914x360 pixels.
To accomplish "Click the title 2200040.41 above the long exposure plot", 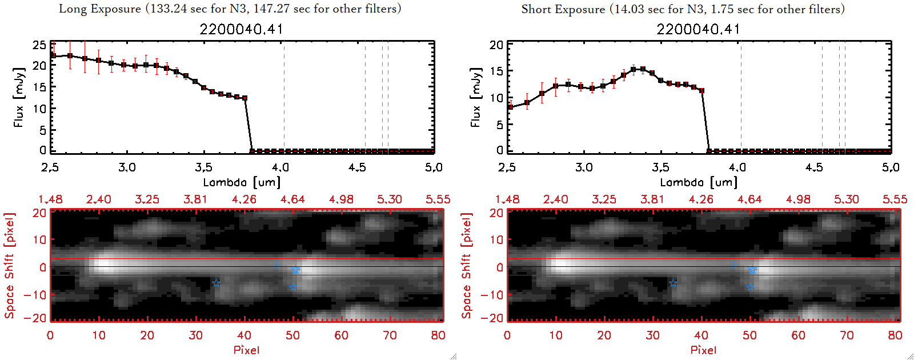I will (x=241, y=29).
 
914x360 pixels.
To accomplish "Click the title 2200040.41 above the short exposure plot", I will (x=698, y=29).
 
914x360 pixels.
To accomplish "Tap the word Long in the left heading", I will (x=71, y=9).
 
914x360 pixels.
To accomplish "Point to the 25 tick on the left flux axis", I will (x=39, y=45).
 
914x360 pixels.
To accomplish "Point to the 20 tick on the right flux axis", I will (x=496, y=45).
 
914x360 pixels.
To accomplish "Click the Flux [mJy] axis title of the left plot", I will (x=19, y=97).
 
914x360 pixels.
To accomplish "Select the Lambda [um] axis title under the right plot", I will (x=699, y=182).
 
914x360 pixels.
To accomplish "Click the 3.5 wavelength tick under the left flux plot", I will (x=203, y=167).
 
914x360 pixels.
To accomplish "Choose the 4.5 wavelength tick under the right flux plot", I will (x=814, y=167).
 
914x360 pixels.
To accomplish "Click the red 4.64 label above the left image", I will (x=292, y=199).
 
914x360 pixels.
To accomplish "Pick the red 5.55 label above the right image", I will (x=895, y=199).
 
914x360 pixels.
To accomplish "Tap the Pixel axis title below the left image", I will (x=246, y=350).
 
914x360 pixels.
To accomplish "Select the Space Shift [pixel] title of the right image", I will (x=467, y=266).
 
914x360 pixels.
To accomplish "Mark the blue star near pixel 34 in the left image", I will (x=216, y=283).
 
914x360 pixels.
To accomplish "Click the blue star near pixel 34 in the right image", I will (x=673, y=283).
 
